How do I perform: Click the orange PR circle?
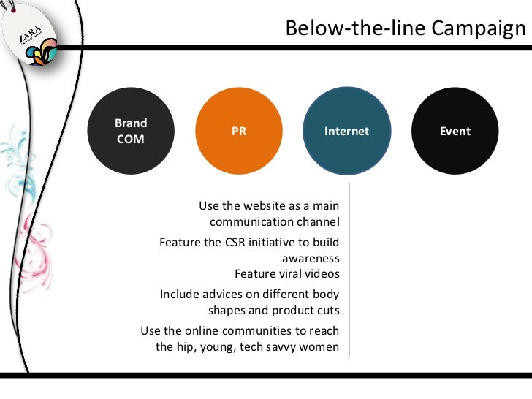tap(239, 132)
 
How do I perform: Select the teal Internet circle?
tap(346, 132)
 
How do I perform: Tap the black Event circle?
tap(455, 132)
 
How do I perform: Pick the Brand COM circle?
tap(132, 132)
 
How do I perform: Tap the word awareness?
tap(311, 258)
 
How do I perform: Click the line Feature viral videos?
tap(286, 274)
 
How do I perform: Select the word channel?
tap(317, 221)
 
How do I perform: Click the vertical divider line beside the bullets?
tap(349, 270)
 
